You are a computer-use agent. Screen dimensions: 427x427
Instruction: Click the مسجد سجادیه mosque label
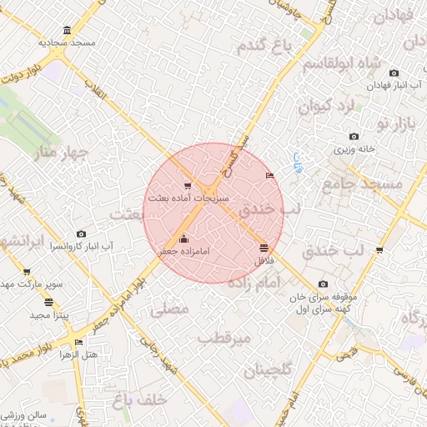click(67, 41)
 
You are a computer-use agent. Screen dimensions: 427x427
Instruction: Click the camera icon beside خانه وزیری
click(354, 136)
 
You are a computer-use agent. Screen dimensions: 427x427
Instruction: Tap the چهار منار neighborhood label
click(60, 153)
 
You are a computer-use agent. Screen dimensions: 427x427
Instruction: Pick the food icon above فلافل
click(264, 248)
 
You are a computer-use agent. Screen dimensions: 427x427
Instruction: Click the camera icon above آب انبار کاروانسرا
click(81, 234)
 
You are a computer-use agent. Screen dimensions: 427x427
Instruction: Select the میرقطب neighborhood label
click(224, 338)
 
